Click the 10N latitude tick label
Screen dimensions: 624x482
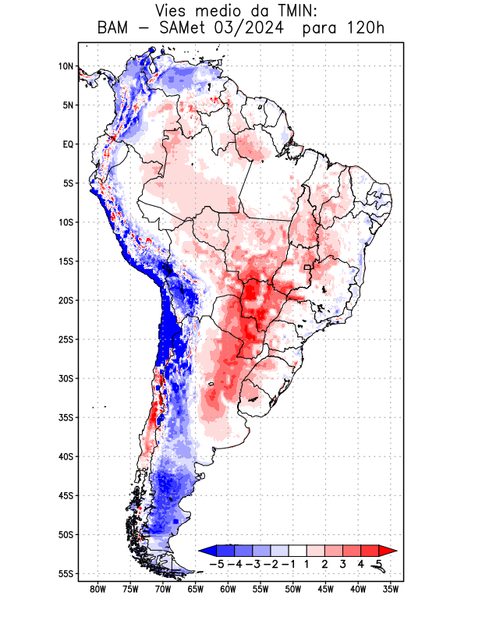[66, 66]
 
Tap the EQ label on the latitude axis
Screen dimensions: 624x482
[68, 144]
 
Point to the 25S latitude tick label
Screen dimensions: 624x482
[66, 339]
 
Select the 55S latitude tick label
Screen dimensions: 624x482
[66, 573]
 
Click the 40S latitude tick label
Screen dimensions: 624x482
[66, 456]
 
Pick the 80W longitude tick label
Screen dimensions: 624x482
[97, 589]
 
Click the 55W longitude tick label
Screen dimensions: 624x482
[260, 589]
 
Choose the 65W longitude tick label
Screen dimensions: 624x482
[196, 589]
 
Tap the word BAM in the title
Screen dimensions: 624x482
[113, 29]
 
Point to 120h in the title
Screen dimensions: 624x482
[365, 29]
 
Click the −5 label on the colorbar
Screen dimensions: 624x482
[216, 563]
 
